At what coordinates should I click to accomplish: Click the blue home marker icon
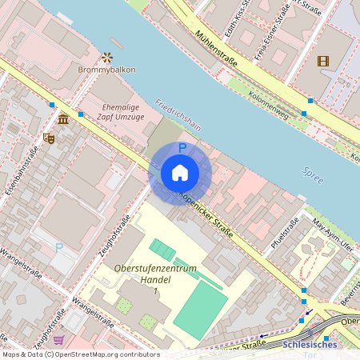180,173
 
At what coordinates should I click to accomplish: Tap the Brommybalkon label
107,70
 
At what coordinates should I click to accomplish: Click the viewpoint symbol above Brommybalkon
107,57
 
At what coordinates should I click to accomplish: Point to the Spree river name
314,175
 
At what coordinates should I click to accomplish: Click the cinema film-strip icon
322,61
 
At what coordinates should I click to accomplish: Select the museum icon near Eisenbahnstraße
63,120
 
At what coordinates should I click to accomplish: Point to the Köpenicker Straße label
206,214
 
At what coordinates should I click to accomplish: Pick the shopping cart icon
58,339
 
